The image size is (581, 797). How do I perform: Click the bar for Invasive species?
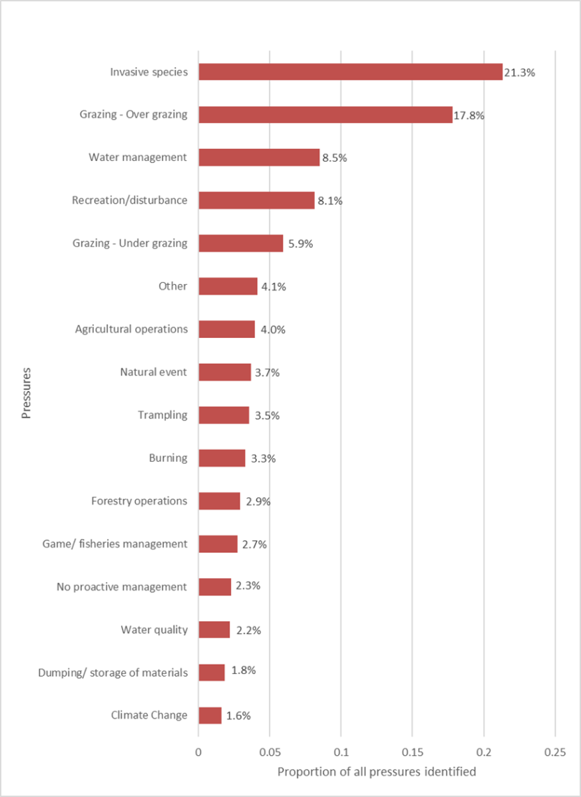click(x=350, y=71)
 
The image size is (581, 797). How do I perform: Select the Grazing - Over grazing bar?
click(x=325, y=115)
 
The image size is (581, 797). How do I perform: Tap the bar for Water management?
click(x=259, y=157)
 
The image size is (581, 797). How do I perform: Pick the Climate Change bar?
click(x=210, y=715)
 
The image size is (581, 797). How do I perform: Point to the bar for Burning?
click(x=222, y=458)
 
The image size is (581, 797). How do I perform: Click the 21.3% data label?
click(x=519, y=73)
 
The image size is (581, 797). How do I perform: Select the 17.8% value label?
click(x=469, y=116)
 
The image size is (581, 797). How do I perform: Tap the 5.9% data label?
click(x=301, y=244)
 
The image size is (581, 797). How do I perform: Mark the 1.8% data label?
click(x=244, y=670)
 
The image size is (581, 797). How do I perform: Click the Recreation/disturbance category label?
click(x=129, y=200)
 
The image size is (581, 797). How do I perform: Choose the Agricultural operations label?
click(x=131, y=330)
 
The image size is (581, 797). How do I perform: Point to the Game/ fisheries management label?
click(x=115, y=544)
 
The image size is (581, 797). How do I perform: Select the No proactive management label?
click(x=122, y=587)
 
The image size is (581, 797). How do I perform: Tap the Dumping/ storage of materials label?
click(x=113, y=673)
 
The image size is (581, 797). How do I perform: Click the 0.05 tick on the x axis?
click(x=269, y=752)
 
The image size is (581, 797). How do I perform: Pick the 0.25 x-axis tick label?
click(x=555, y=752)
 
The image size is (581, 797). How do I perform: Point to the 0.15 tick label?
click(x=412, y=752)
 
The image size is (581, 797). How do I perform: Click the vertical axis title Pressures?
click(x=27, y=393)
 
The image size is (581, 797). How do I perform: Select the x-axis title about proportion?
click(x=377, y=772)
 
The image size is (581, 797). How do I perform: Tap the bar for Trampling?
click(x=224, y=415)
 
